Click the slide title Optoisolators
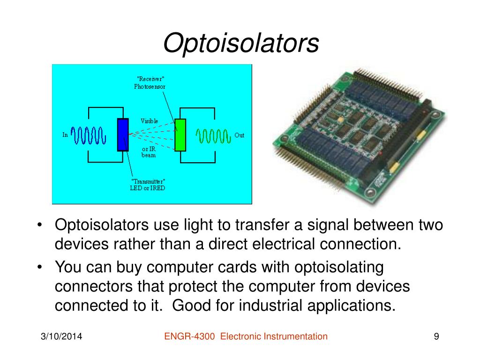[x=241, y=44]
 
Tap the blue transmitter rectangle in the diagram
[x=123, y=135]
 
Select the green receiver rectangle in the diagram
[x=180, y=135]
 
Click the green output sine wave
[x=213, y=135]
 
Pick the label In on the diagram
[x=66, y=135]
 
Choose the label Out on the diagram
[x=239, y=135]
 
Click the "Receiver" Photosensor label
[x=150, y=82]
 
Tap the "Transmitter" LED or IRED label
[x=147, y=185]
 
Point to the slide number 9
[x=436, y=337]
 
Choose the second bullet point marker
[x=42, y=268]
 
